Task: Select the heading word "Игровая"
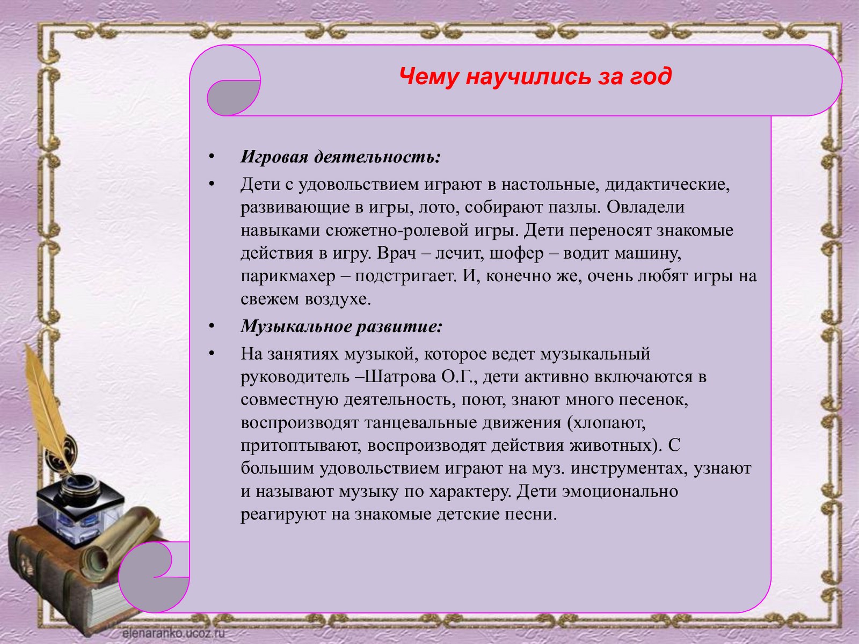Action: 274,157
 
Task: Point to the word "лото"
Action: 439,207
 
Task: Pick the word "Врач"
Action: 396,253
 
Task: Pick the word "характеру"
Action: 470,492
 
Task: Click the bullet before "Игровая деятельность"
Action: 212,157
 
